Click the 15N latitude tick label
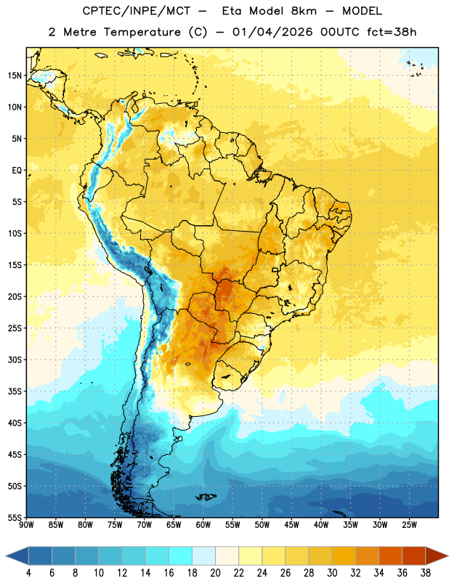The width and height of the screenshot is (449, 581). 15,76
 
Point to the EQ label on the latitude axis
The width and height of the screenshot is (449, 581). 17,171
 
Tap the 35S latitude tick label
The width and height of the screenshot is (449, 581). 15,391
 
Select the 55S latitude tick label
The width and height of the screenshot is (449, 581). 15,517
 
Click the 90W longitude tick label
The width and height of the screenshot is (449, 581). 26,525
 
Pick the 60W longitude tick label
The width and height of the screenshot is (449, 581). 203,525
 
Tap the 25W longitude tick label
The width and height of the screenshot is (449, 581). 409,525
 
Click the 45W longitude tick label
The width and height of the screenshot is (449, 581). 291,525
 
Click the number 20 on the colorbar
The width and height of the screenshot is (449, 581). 215,573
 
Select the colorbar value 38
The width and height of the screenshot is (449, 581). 426,573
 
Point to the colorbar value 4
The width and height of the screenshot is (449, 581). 28,573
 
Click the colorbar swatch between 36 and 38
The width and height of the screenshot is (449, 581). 414,556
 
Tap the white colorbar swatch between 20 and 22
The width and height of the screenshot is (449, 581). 227,556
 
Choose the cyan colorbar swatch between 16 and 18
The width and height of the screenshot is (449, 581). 180,556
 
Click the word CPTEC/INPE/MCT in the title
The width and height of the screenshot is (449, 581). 137,11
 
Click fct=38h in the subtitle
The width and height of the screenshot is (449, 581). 392,32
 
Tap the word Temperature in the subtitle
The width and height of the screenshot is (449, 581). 142,32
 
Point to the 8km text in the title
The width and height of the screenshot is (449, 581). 304,11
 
